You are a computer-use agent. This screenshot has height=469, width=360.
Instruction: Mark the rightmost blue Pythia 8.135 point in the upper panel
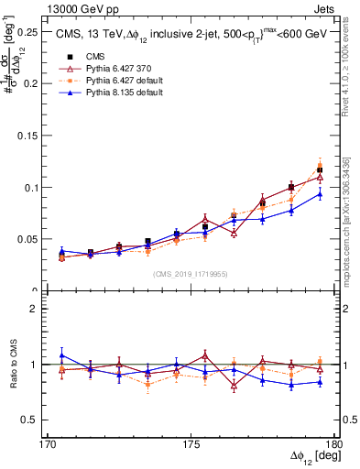(x=320, y=193)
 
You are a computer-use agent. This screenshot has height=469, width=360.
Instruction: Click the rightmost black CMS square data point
(x=320, y=169)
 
